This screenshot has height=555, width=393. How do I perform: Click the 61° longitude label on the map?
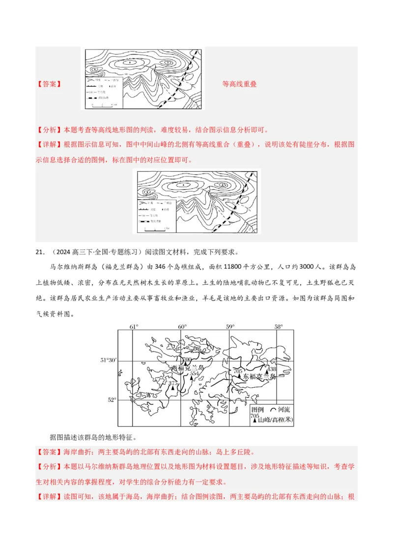pos(134,327)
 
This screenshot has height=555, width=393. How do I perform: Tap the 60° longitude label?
pos(182,327)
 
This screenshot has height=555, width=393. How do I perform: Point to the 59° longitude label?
pos(230,327)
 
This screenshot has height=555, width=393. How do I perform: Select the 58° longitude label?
pos(279,327)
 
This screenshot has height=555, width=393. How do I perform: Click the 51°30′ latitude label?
pos(108,360)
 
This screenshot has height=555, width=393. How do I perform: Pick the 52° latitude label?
pos(112,400)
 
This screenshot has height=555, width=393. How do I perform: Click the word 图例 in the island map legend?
pos(257,409)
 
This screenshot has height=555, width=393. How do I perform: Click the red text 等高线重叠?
pos(239,84)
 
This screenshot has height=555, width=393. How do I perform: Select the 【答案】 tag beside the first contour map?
pos(49,84)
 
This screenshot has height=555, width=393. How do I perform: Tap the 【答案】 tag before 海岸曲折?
pos(49,452)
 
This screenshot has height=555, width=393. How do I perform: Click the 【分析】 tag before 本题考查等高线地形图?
pos(49,130)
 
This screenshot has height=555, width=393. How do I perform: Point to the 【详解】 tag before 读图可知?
pos(49,497)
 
